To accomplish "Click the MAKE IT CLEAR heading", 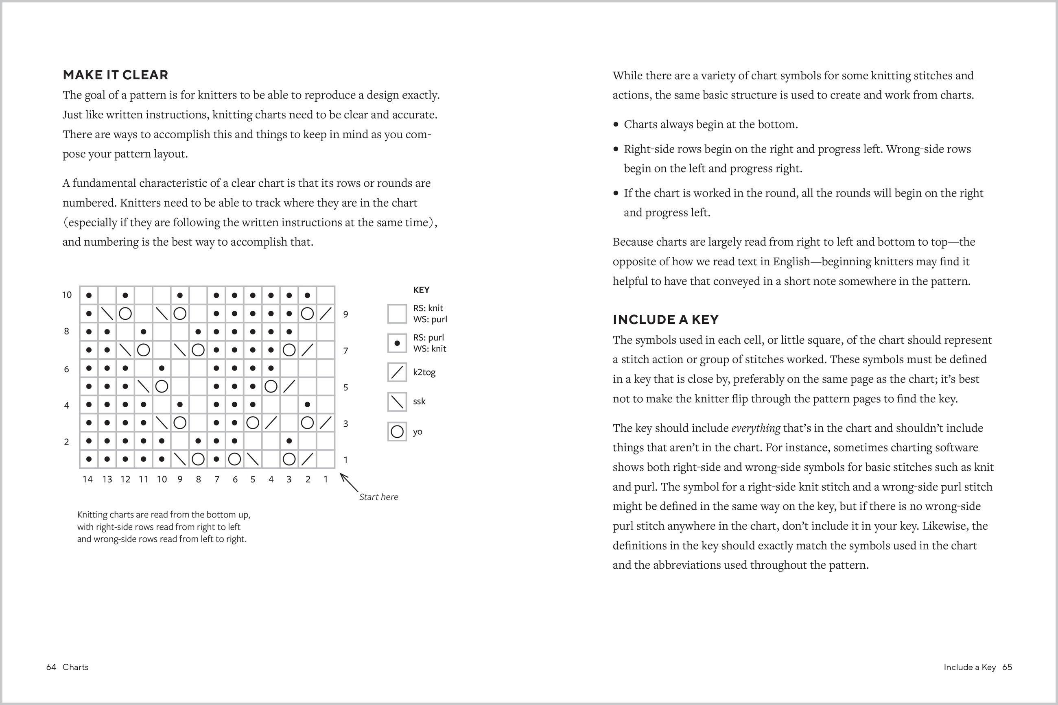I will pos(116,74).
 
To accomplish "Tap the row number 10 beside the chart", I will pos(67,295).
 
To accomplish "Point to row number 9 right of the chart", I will pos(345,314).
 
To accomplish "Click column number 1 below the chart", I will pos(326,479).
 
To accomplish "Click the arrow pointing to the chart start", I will pos(349,482).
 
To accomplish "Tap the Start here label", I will pos(378,497).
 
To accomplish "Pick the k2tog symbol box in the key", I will pos(397,372).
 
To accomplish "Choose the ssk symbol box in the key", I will pos(397,402).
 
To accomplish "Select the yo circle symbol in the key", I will pos(397,432).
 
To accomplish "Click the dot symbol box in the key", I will pos(397,343).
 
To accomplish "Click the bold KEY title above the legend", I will pos(421,290).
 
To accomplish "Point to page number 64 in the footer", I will pos(51,667).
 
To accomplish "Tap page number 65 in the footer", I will pos(1007,667).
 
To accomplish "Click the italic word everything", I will pos(756,428).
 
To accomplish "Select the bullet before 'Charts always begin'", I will pos(616,124).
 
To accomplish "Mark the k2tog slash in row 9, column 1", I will pos(326,313).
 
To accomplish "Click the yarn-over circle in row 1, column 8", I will pos(198,459).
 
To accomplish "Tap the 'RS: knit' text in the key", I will pos(428,308).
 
